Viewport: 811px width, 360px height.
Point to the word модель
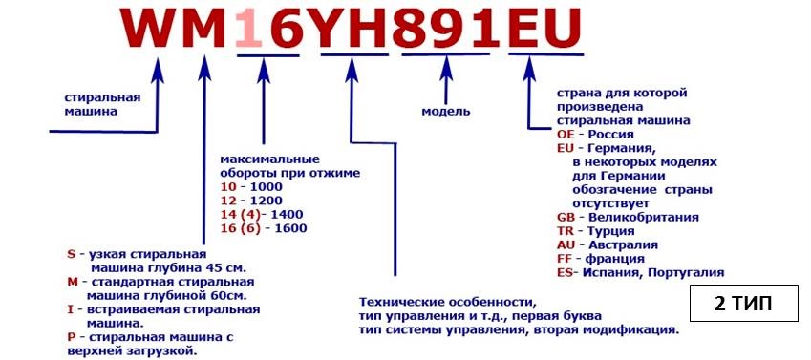pos(446,111)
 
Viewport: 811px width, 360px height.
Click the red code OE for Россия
pos(566,135)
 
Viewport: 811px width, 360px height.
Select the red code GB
pos(566,217)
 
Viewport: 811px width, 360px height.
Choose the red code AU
pos(566,244)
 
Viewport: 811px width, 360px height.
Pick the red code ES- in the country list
pos(567,272)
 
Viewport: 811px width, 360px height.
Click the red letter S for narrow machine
pos(71,254)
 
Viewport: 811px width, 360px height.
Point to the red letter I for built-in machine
pos(70,309)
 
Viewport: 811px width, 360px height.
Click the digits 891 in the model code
pos(449,29)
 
